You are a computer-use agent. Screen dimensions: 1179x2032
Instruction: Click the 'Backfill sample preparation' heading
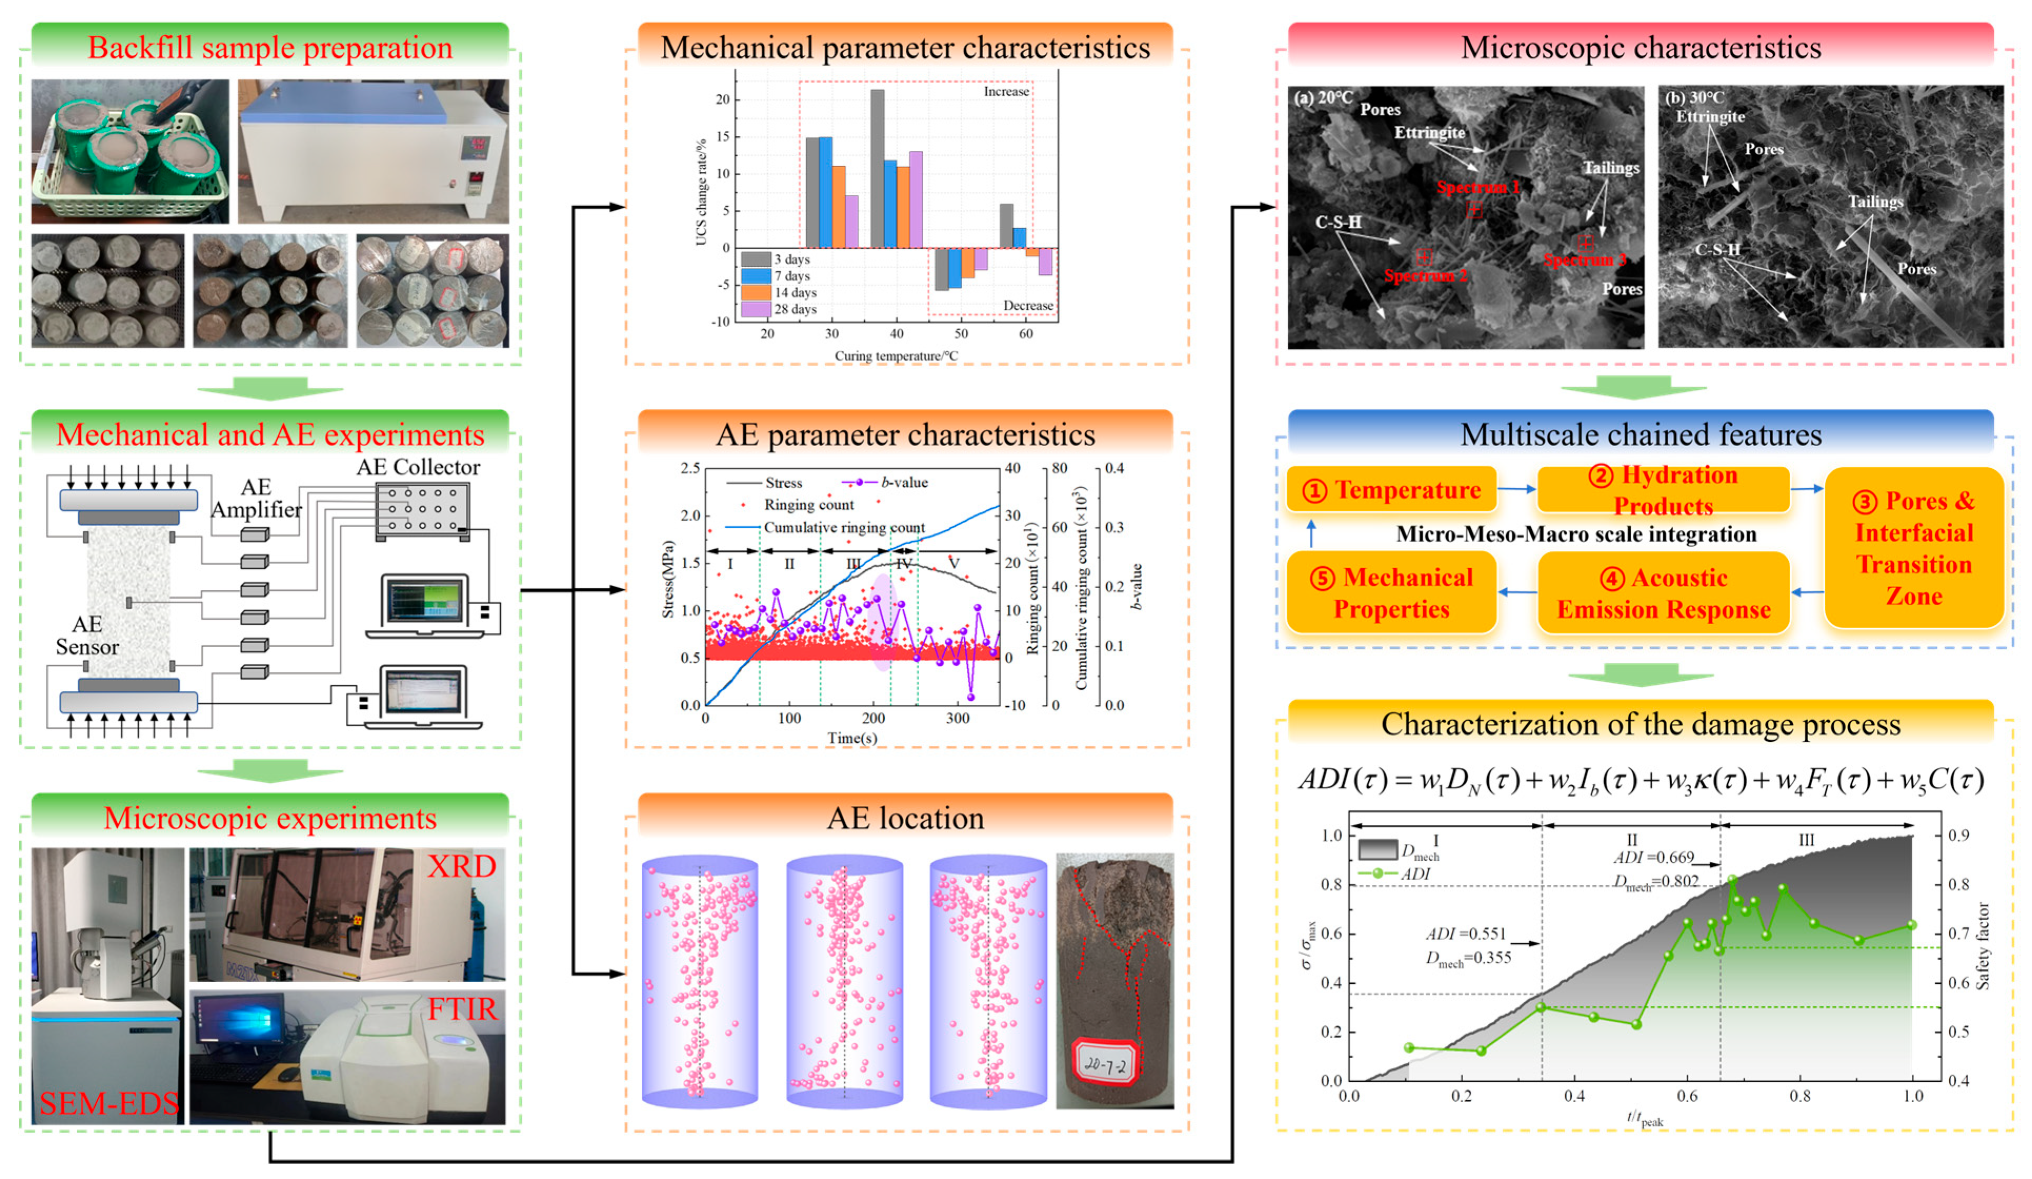point(270,47)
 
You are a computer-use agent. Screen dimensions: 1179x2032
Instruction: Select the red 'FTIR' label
point(462,1010)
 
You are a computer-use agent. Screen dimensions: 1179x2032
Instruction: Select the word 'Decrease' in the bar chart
point(1027,306)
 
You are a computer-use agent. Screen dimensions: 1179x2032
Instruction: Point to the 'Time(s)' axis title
point(852,738)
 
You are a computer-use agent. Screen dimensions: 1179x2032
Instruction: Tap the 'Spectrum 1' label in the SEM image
point(1477,188)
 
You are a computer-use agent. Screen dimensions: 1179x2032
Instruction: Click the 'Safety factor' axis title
point(1984,946)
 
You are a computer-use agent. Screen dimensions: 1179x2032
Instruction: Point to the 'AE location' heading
point(905,819)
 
